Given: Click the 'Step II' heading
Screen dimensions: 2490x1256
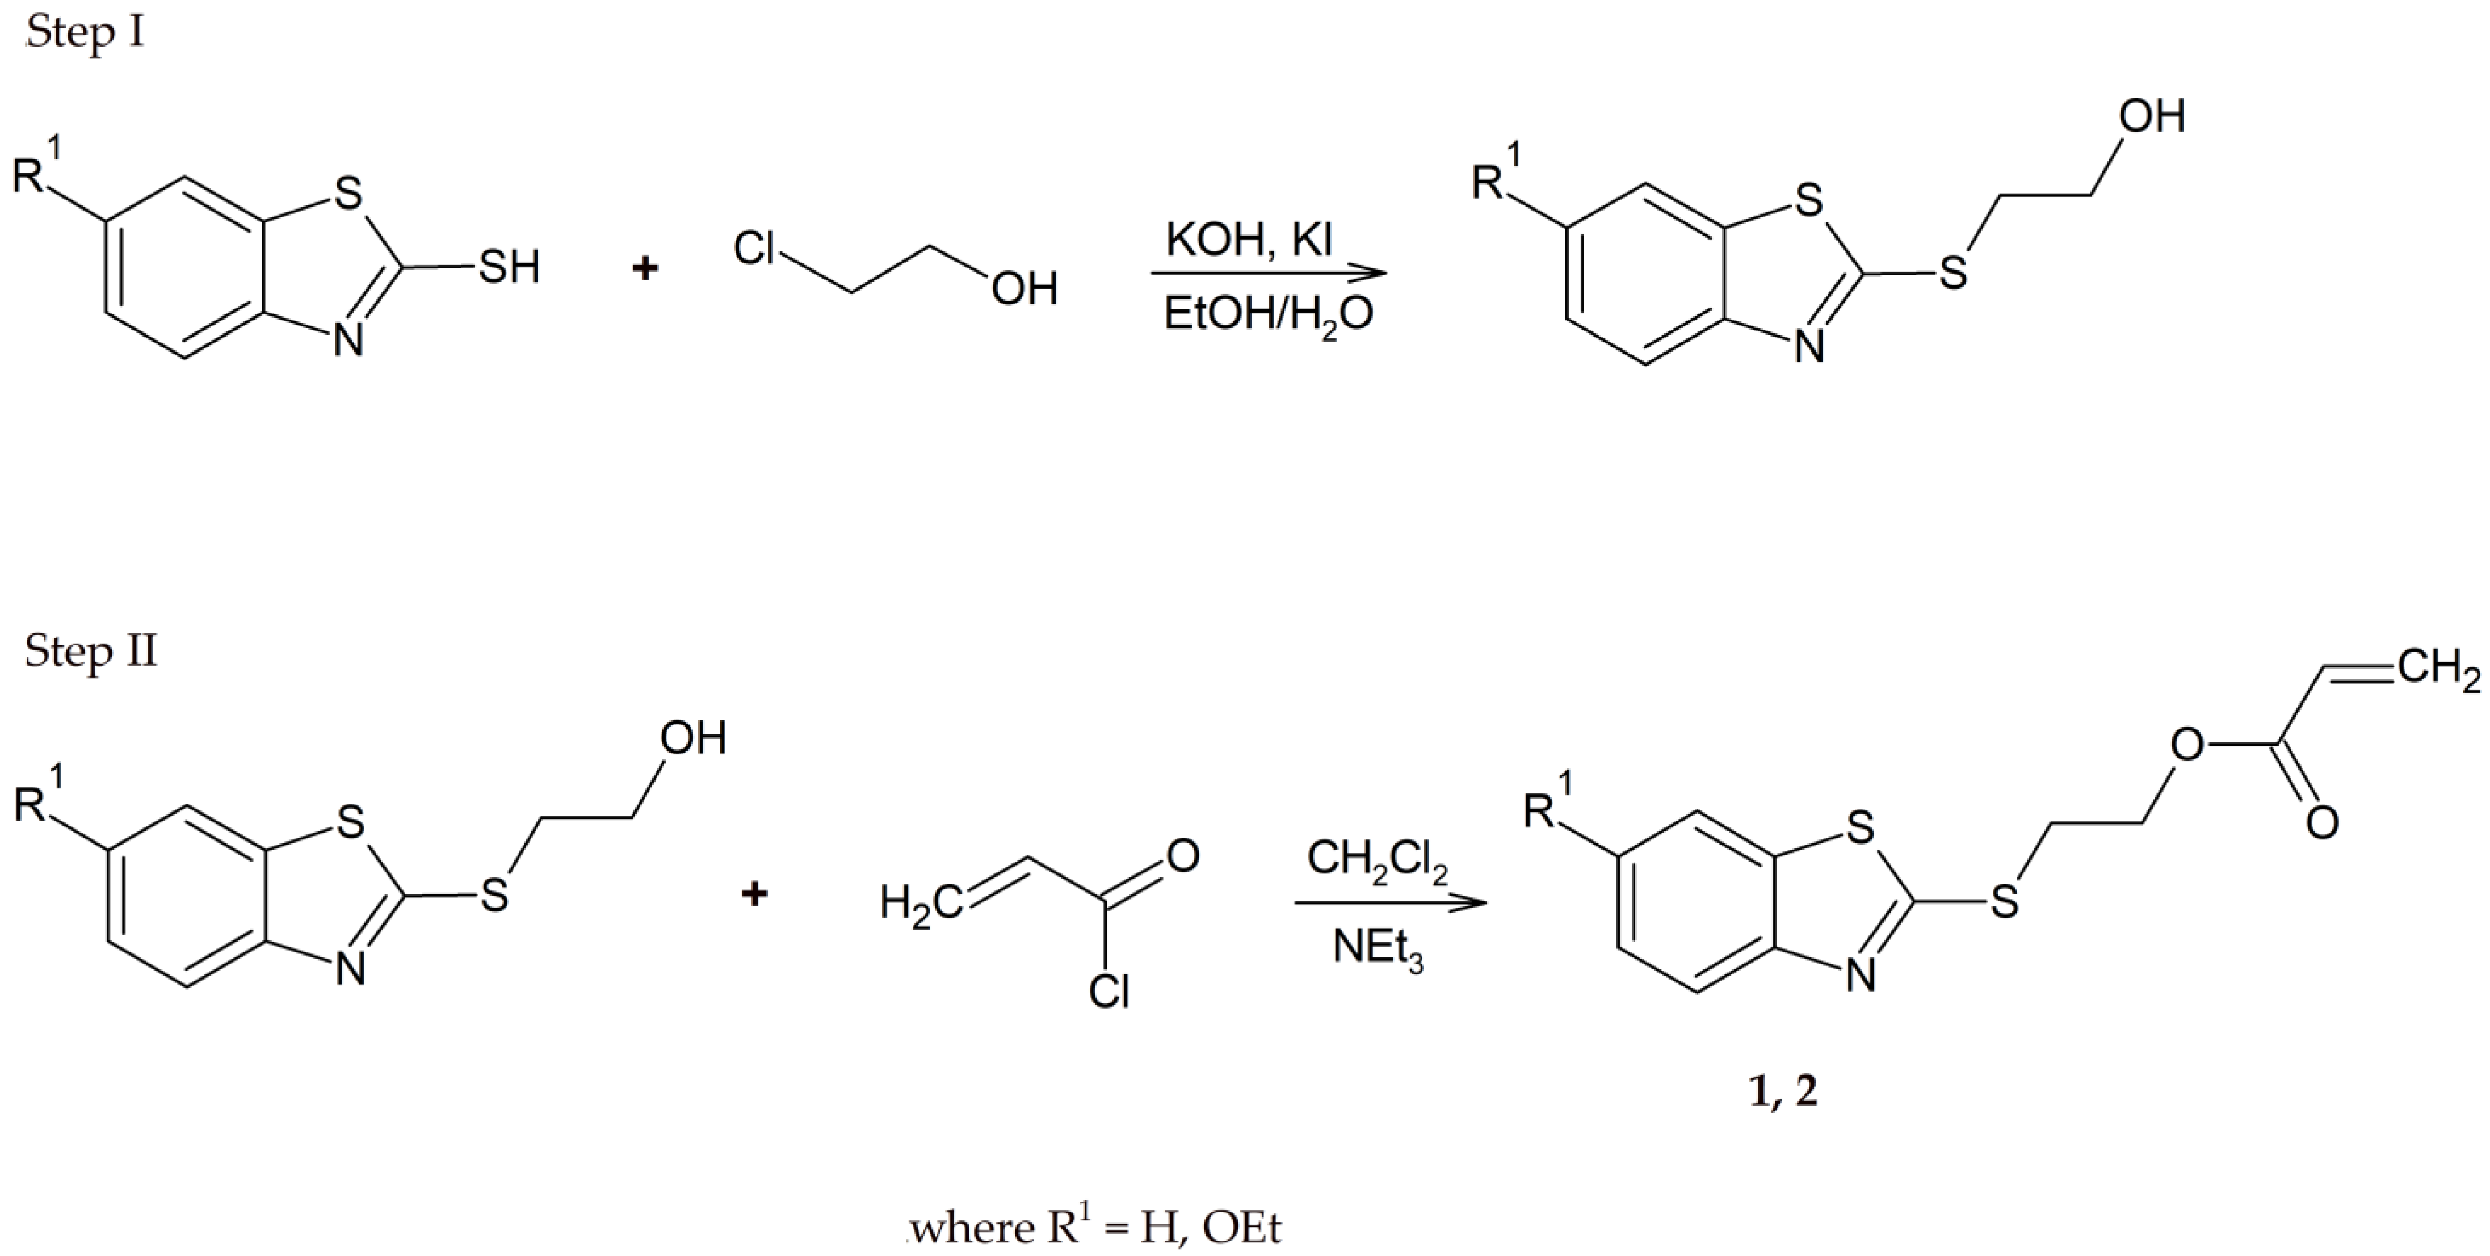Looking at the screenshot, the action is click(90, 651).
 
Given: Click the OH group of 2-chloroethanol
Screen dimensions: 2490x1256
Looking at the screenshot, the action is click(1024, 289).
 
